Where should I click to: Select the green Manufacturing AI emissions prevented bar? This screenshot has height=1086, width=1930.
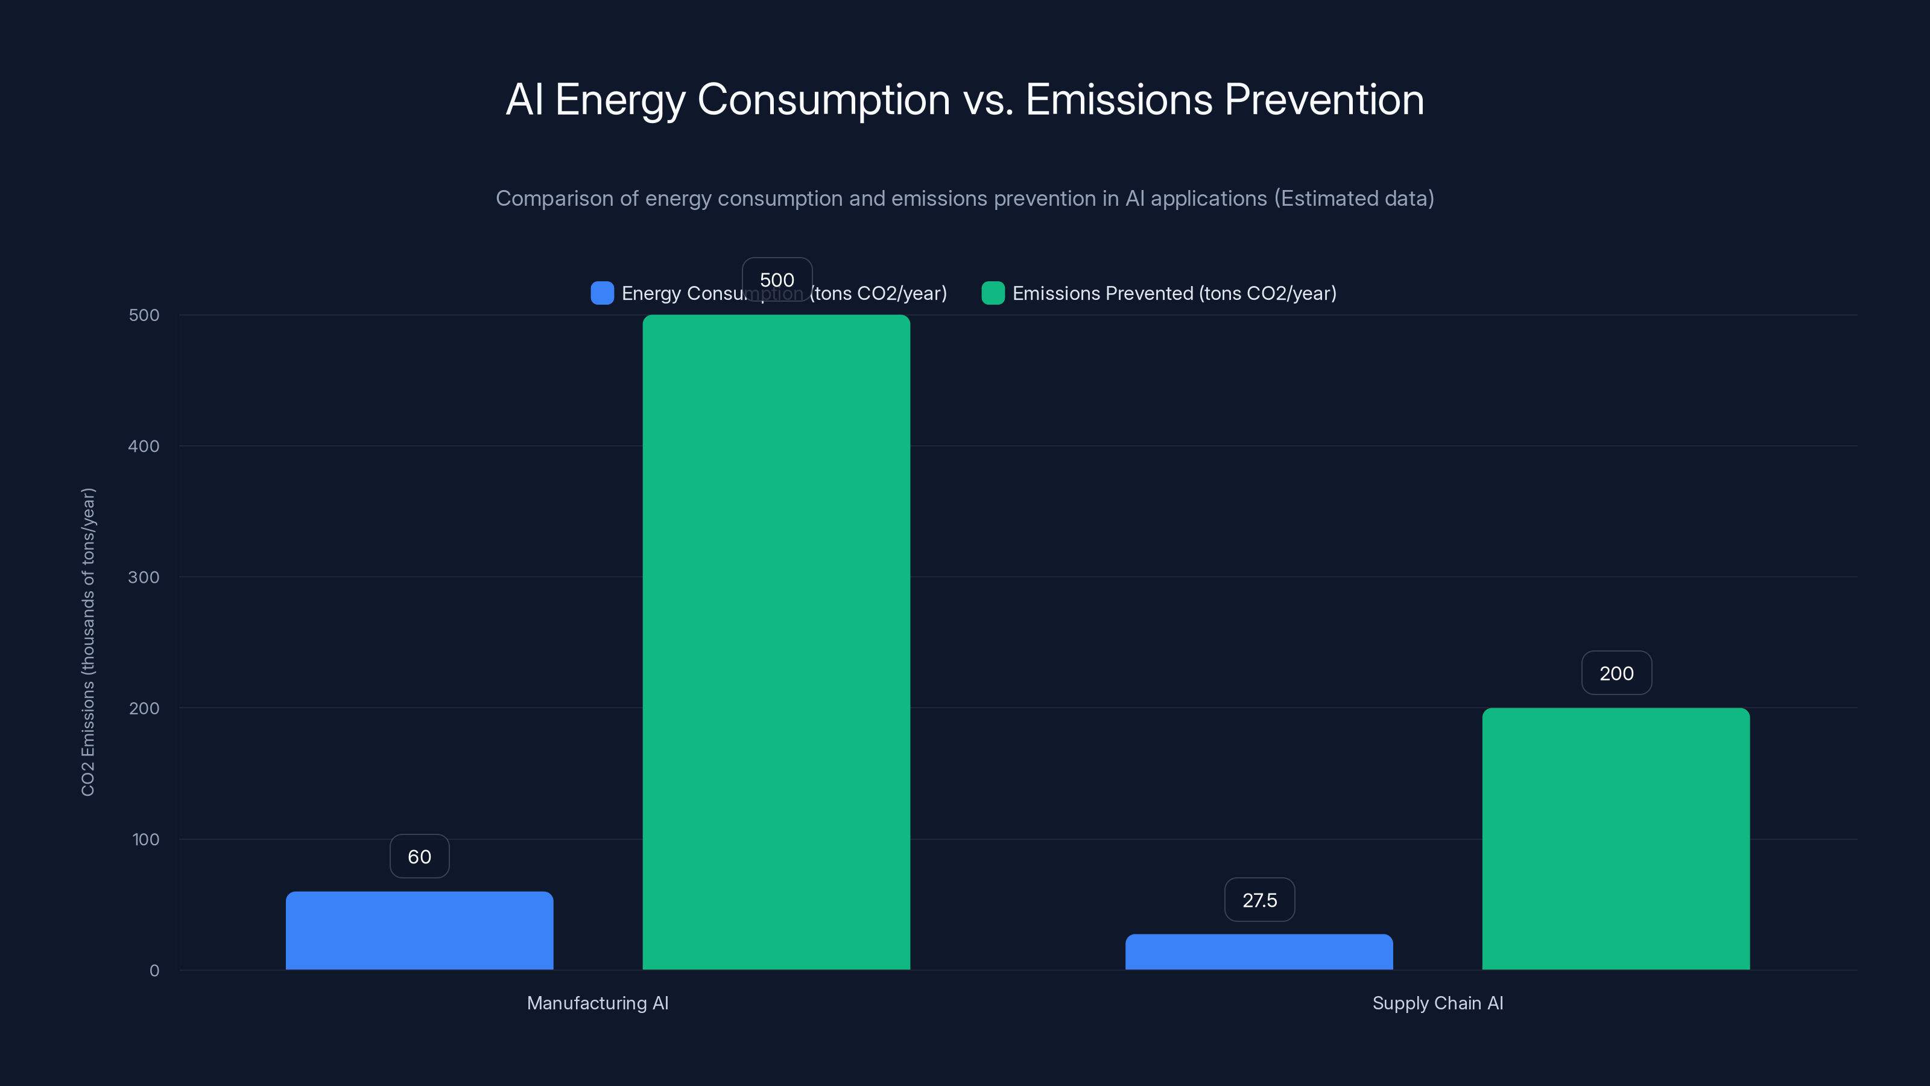776,641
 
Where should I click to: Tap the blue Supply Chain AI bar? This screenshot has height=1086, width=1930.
1259,952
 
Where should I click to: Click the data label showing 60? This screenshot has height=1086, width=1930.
420,857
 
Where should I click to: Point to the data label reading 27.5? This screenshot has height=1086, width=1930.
1259,900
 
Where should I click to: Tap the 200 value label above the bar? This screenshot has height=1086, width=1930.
1616,673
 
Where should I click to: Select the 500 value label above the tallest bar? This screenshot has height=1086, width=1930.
777,279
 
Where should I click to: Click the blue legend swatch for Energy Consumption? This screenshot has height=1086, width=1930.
603,293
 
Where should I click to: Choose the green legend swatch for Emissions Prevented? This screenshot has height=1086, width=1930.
993,293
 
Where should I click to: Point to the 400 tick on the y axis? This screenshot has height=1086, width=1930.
144,446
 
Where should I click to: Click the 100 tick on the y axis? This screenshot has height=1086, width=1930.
146,839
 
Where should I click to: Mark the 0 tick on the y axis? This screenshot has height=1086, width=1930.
154,971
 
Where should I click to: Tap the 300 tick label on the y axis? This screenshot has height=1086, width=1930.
144,577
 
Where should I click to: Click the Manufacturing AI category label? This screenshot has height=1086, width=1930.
597,1003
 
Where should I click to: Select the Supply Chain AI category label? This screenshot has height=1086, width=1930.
1437,1003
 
